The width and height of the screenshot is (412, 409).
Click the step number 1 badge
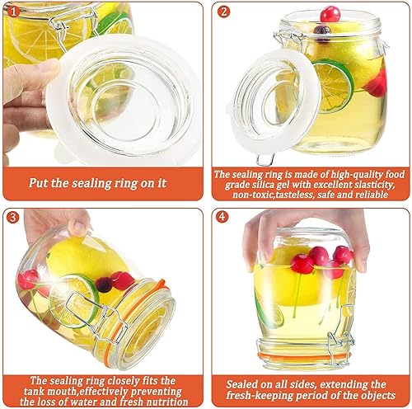[x=13, y=12]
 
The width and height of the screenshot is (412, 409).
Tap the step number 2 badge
[x=223, y=12]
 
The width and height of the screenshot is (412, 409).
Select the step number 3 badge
[x=13, y=218]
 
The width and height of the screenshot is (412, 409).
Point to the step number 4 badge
[x=222, y=217]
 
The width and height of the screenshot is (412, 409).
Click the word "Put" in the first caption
[x=38, y=183]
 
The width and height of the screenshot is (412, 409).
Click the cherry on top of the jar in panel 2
[x=330, y=14]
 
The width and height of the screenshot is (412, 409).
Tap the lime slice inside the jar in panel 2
[x=334, y=87]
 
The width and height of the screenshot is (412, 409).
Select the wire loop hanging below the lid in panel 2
[x=265, y=159]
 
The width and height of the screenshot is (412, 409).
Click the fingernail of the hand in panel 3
[x=78, y=228]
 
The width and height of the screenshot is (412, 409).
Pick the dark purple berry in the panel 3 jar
[x=104, y=285]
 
